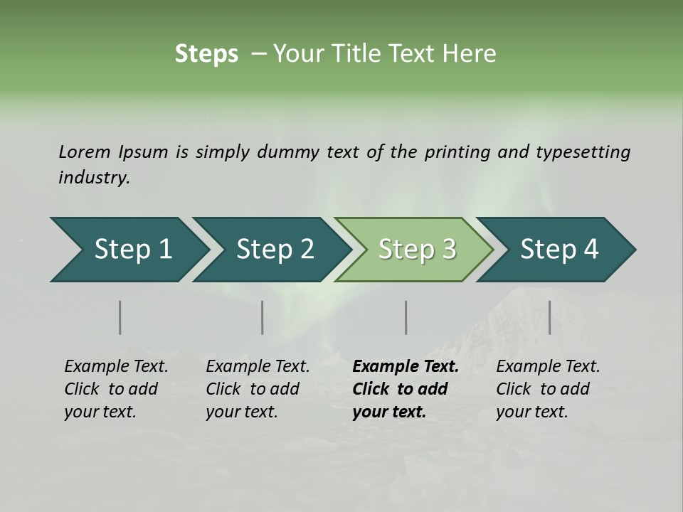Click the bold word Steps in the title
[206, 54]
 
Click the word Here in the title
[470, 54]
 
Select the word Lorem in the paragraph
[84, 151]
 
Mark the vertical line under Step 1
[120, 317]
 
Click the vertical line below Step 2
[263, 317]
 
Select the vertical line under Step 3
[406, 317]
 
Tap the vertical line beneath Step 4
[549, 317]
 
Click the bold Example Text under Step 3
[406, 366]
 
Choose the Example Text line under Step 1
[116, 366]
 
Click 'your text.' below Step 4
[531, 412]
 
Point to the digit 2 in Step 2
[306, 250]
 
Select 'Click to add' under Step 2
[253, 389]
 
